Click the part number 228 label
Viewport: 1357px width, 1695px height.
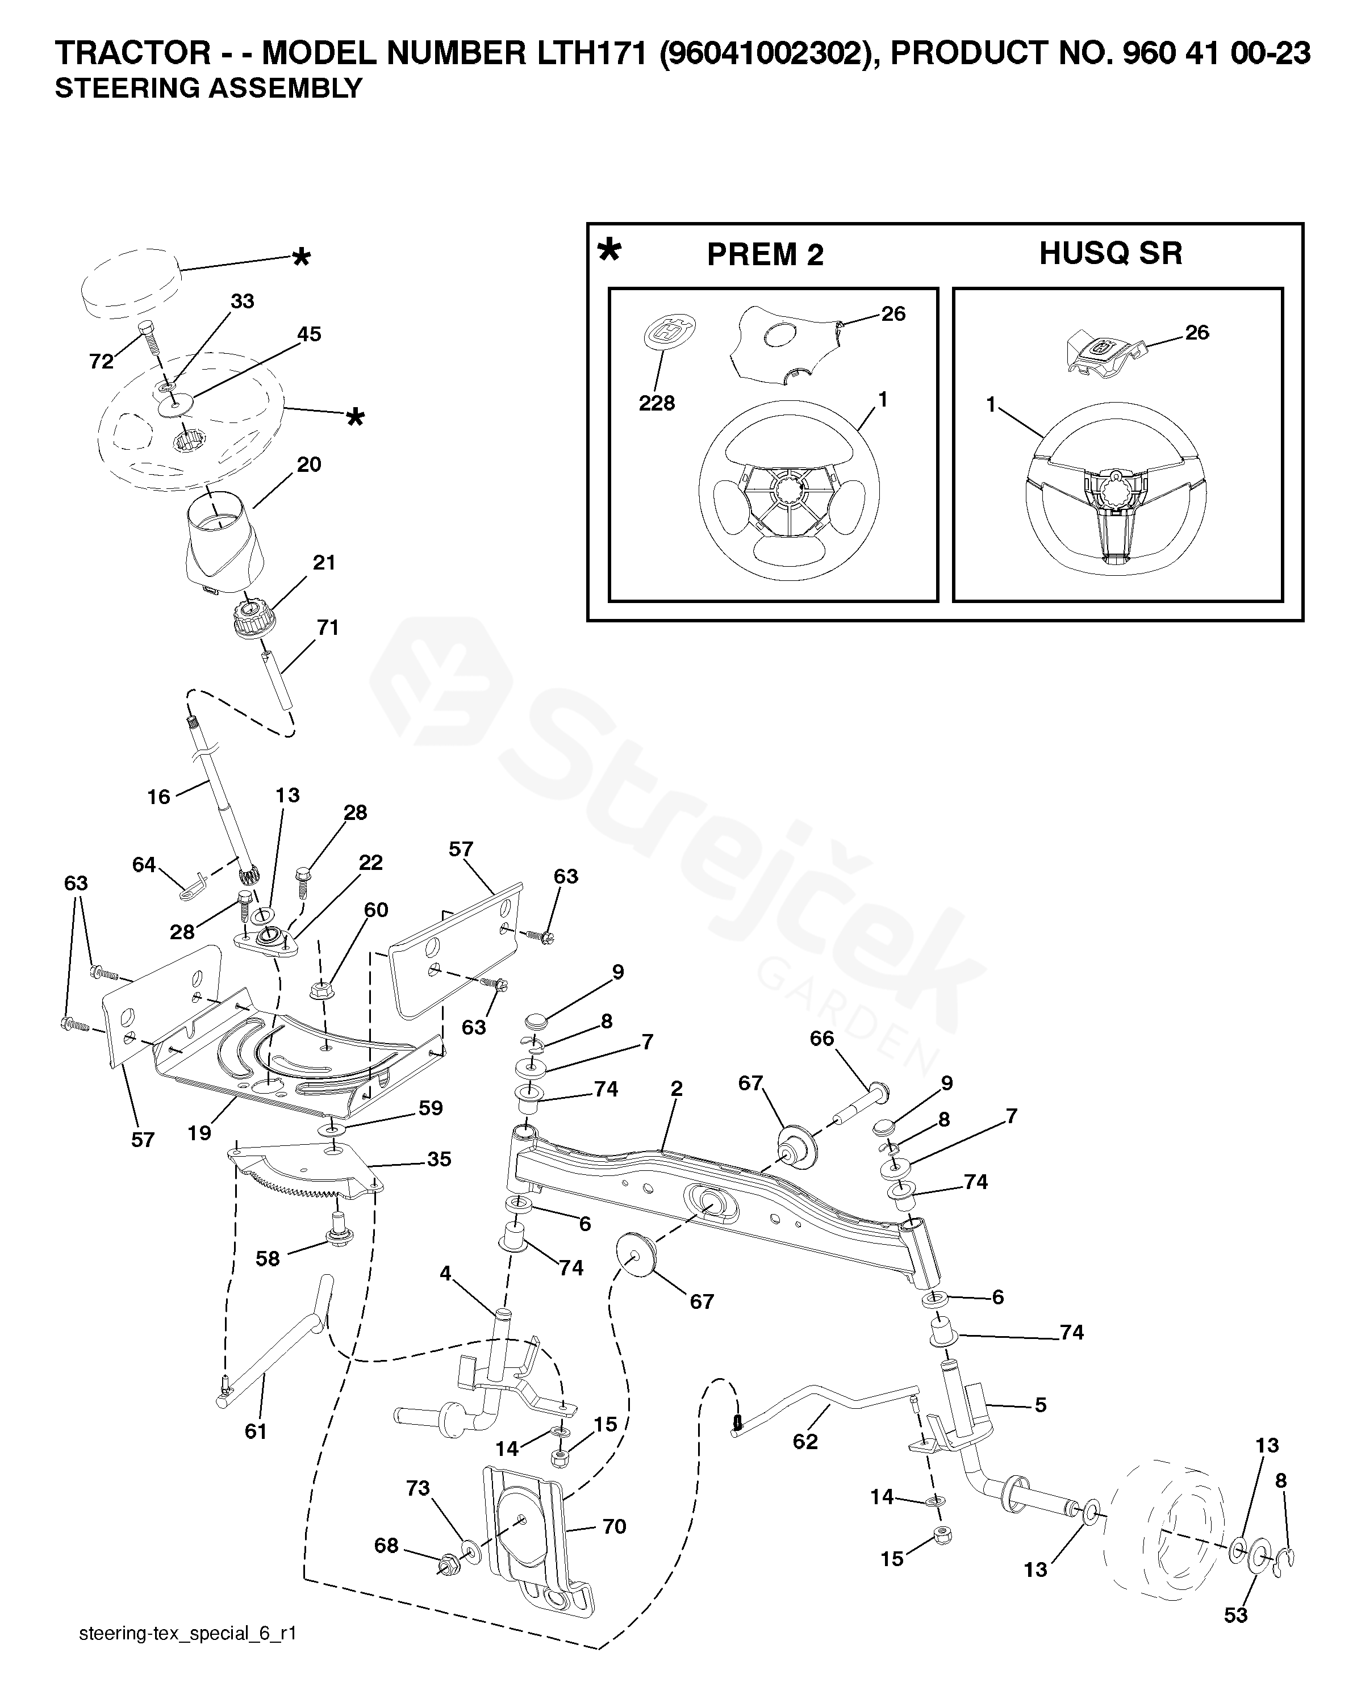point(657,403)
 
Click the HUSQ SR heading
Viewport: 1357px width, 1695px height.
point(1110,253)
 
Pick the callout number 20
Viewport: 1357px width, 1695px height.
point(309,464)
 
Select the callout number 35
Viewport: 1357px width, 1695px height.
point(439,1160)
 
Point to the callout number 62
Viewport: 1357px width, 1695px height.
point(805,1441)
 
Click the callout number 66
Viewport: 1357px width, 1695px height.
point(821,1039)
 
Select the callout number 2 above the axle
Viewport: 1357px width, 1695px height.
point(676,1090)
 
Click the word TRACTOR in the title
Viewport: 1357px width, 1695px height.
point(132,53)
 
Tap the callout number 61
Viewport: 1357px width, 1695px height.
point(256,1432)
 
